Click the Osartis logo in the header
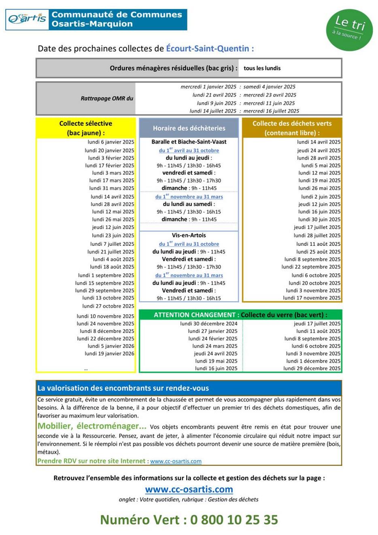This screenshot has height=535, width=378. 27,19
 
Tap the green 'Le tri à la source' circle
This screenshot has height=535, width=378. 349,30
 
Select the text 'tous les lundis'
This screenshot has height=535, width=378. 262,68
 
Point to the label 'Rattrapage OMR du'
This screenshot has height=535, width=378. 107,98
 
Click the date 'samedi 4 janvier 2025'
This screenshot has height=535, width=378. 269,87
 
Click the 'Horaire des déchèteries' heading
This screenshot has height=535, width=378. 189,128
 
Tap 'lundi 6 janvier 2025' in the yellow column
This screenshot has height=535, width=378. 110,142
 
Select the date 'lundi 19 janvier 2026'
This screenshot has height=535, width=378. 109,353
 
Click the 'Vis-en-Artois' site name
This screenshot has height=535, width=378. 189,235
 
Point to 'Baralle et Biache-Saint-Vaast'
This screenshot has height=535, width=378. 189,142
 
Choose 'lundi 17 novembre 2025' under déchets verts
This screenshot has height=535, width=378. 312,298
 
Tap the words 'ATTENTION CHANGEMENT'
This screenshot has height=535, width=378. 195,315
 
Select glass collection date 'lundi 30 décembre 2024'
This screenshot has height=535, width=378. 209,324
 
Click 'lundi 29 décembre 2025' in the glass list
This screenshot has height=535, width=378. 312,368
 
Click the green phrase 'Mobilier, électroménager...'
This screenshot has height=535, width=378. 92,426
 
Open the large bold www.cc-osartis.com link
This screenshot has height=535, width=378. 189,489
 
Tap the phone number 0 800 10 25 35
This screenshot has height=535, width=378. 234,520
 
